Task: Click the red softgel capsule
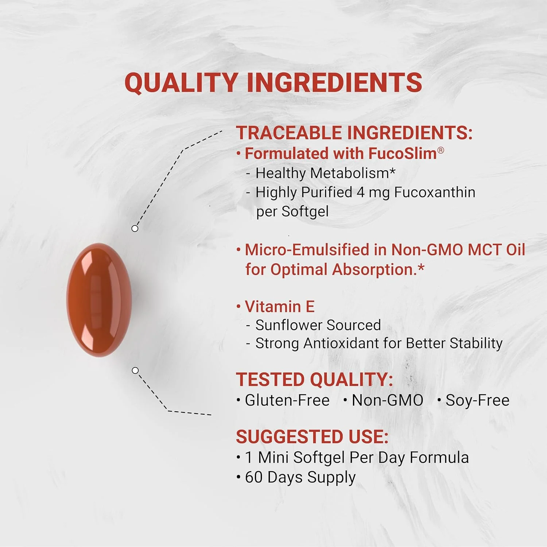tap(99, 300)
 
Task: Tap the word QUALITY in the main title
tap(181, 82)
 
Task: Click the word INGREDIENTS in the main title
tap(334, 82)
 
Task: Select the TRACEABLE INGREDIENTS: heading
tap(354, 132)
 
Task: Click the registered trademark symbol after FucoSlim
tap(441, 150)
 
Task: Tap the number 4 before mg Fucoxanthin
tap(361, 193)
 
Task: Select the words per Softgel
tap(292, 212)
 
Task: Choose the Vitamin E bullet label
tap(279, 307)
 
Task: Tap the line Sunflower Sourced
tap(318, 325)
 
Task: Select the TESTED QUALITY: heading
tap(314, 380)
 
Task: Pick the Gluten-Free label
tap(287, 400)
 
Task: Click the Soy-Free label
tap(477, 400)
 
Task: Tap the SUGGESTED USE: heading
tap(312, 437)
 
